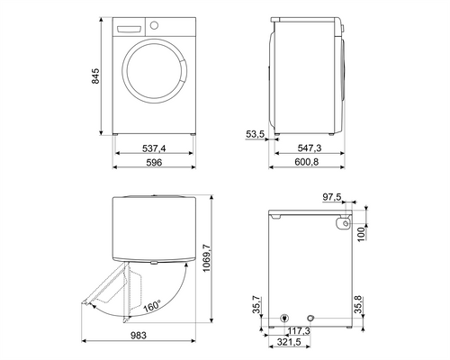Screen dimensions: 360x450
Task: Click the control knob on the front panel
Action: tap(154, 25)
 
